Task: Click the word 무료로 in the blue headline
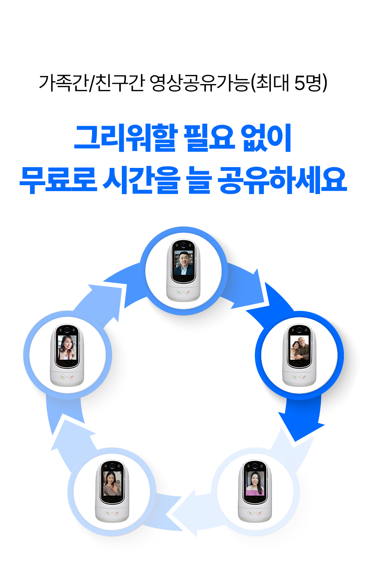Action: (x=58, y=180)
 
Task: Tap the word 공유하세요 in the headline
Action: (x=282, y=180)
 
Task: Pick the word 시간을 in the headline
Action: (x=141, y=180)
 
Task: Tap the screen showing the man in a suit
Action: (x=183, y=263)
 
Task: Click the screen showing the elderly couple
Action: (x=299, y=348)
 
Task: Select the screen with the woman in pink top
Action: (x=255, y=483)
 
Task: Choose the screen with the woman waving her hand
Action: (x=112, y=483)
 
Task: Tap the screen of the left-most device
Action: (x=67, y=348)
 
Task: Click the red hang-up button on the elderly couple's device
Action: (x=304, y=377)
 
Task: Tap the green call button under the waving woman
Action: (x=108, y=513)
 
